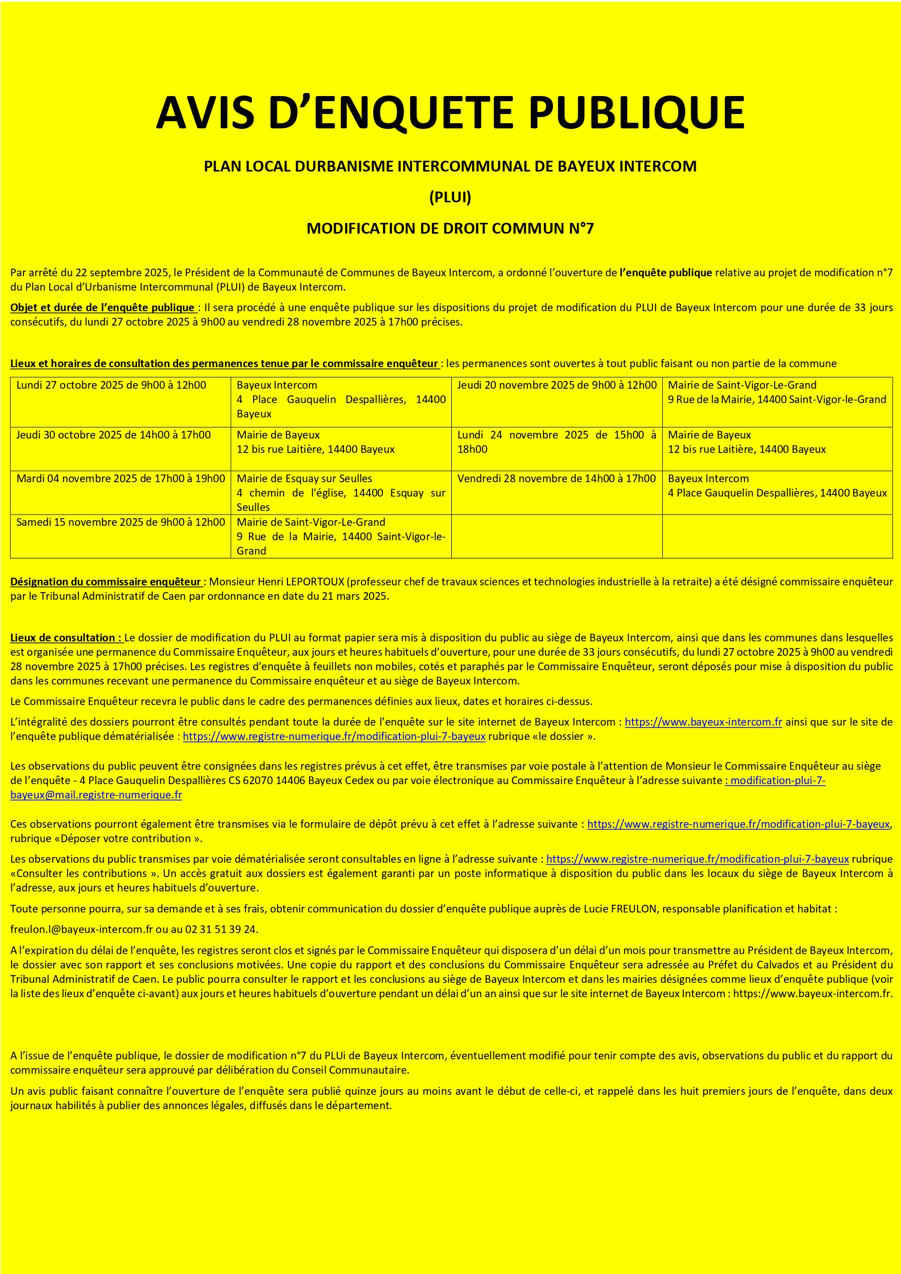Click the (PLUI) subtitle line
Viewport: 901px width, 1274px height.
pyautogui.click(x=450, y=197)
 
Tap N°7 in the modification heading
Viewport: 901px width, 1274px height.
pyautogui.click(x=581, y=228)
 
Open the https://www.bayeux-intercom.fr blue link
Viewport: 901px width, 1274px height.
pyautogui.click(x=703, y=722)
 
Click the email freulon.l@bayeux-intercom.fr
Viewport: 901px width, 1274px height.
pyautogui.click(x=82, y=929)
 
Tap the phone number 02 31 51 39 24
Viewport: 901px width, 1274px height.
pyautogui.click(x=221, y=929)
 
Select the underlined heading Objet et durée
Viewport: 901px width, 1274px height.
pyautogui.click(x=102, y=308)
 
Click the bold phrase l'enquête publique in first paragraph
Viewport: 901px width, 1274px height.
pyautogui.click(x=665, y=273)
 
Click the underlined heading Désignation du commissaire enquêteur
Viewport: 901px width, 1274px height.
pyautogui.click(x=105, y=581)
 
